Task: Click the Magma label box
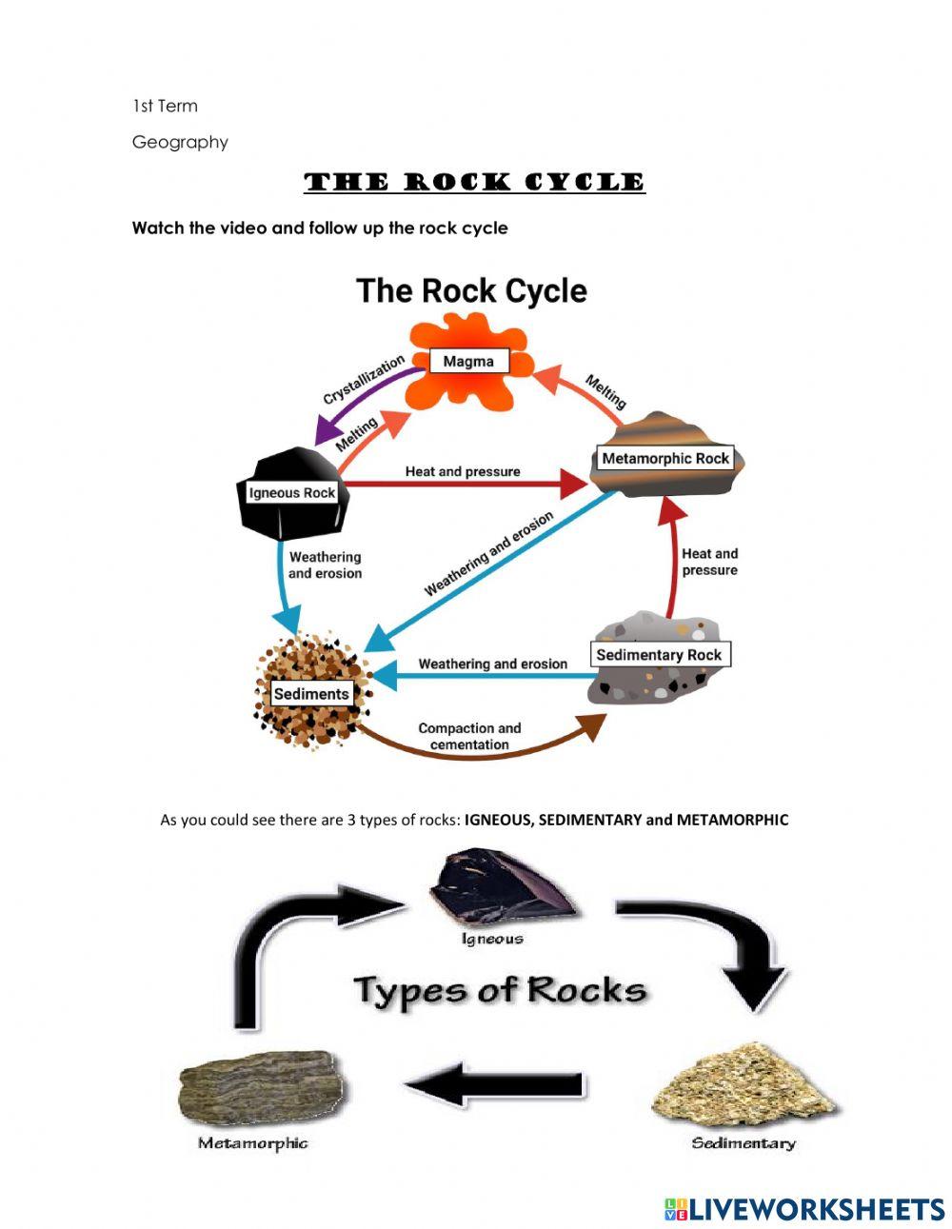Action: [x=468, y=362]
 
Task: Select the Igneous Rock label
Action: [x=291, y=492]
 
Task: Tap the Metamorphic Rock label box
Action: [x=665, y=458]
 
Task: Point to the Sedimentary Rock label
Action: [x=659, y=655]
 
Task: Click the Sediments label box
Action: [x=311, y=694]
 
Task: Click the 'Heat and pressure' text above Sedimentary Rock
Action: [x=709, y=562]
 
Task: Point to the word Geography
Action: [x=180, y=142]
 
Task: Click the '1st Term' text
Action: [x=165, y=106]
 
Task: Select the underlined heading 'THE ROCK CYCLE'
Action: [x=474, y=182]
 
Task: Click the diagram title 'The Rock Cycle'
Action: [x=471, y=290]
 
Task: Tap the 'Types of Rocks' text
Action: [x=500, y=990]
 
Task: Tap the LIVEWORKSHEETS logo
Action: [x=804, y=1209]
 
